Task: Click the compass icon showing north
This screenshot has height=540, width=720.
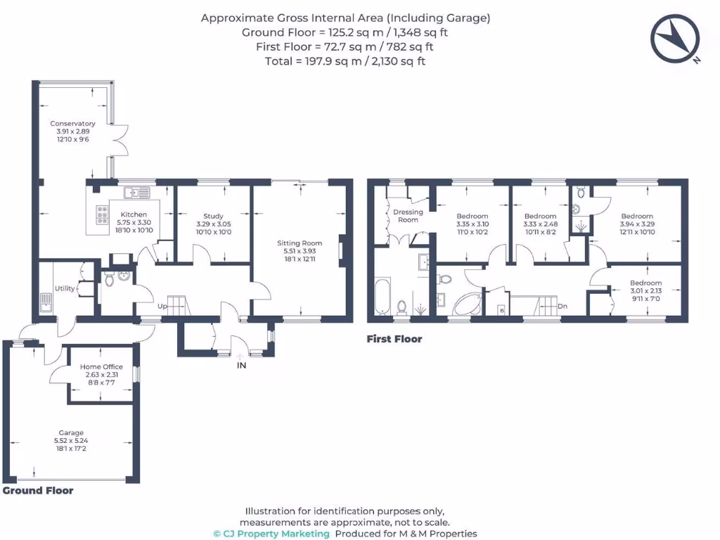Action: [676, 37]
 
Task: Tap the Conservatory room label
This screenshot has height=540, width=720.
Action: [72, 124]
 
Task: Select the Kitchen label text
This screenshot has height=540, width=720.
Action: [134, 214]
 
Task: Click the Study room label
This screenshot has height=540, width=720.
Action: [213, 217]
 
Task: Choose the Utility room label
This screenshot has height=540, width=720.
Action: [64, 288]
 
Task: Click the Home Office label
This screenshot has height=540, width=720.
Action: [101, 367]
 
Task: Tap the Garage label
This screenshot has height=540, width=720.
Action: [71, 433]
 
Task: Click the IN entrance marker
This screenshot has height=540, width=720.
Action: [241, 366]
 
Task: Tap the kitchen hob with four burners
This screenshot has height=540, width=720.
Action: [101, 212]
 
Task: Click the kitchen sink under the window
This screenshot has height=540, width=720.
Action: [134, 191]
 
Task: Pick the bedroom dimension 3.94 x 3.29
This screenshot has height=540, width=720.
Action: [636, 224]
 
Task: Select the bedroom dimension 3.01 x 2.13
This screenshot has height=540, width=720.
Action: [645, 291]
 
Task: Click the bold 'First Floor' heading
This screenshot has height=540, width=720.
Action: [394, 339]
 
